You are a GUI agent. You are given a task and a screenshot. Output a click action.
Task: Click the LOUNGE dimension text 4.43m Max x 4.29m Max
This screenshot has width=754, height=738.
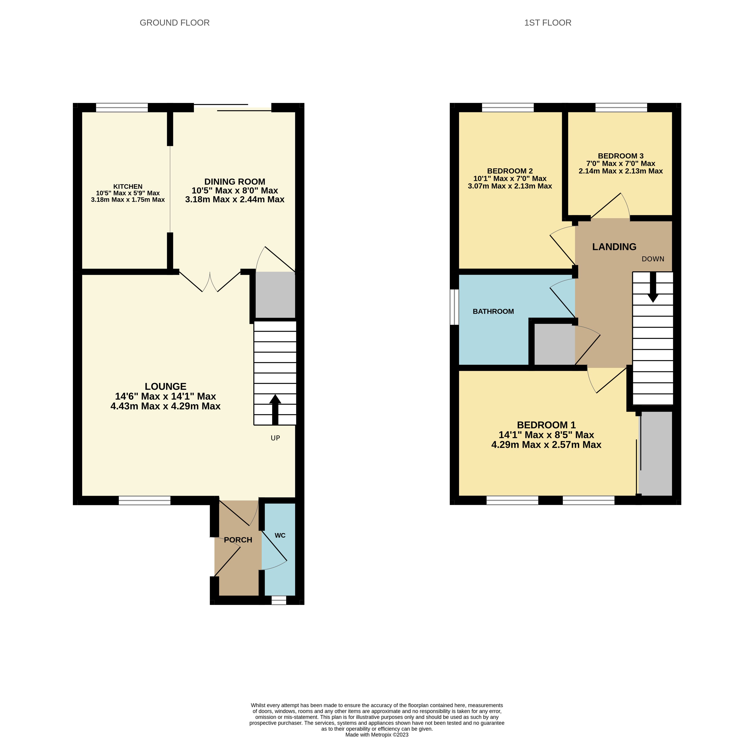point(166,406)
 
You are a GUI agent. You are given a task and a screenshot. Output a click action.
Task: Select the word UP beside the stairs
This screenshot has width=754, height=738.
point(275,438)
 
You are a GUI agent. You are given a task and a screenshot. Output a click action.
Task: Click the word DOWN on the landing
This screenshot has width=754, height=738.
point(653,259)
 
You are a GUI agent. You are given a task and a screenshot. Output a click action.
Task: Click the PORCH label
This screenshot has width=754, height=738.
point(238,540)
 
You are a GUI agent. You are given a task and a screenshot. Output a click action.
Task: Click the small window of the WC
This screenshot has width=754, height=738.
point(279,600)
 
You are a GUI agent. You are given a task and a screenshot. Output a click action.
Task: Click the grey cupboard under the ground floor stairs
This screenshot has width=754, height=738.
point(275,295)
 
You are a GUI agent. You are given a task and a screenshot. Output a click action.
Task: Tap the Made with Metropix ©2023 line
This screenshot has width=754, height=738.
point(377,735)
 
